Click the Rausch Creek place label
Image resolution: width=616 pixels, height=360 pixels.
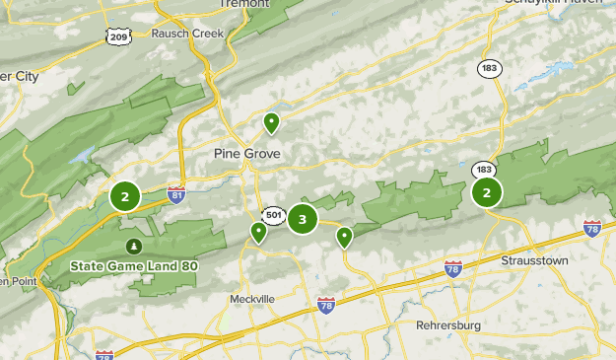[187, 33]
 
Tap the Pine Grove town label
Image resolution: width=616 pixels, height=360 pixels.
[247, 154]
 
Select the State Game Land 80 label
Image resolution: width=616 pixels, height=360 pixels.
[133, 265]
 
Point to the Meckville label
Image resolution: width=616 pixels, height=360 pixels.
[251, 299]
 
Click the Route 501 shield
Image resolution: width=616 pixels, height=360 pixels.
[273, 215]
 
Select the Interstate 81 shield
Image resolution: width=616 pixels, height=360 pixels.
[176, 194]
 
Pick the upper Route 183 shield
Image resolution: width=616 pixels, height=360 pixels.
[489, 68]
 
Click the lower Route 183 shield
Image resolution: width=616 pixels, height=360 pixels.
[483, 170]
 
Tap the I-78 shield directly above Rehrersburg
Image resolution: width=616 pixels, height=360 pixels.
[452, 268]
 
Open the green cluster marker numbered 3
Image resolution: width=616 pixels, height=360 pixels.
[303, 219]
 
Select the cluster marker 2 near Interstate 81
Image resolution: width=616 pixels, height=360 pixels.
[125, 196]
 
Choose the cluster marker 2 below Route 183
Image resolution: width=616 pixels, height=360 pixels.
[486, 192]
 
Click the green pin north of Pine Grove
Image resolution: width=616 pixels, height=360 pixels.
[271, 123]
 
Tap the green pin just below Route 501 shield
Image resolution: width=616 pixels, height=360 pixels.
[258, 233]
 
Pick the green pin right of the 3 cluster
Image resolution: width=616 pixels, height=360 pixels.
[344, 237]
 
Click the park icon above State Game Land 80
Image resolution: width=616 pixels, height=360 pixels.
[133, 246]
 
